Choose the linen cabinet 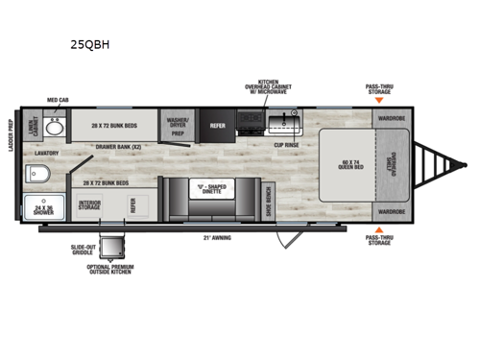point(35,128)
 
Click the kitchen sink point(284,122)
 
